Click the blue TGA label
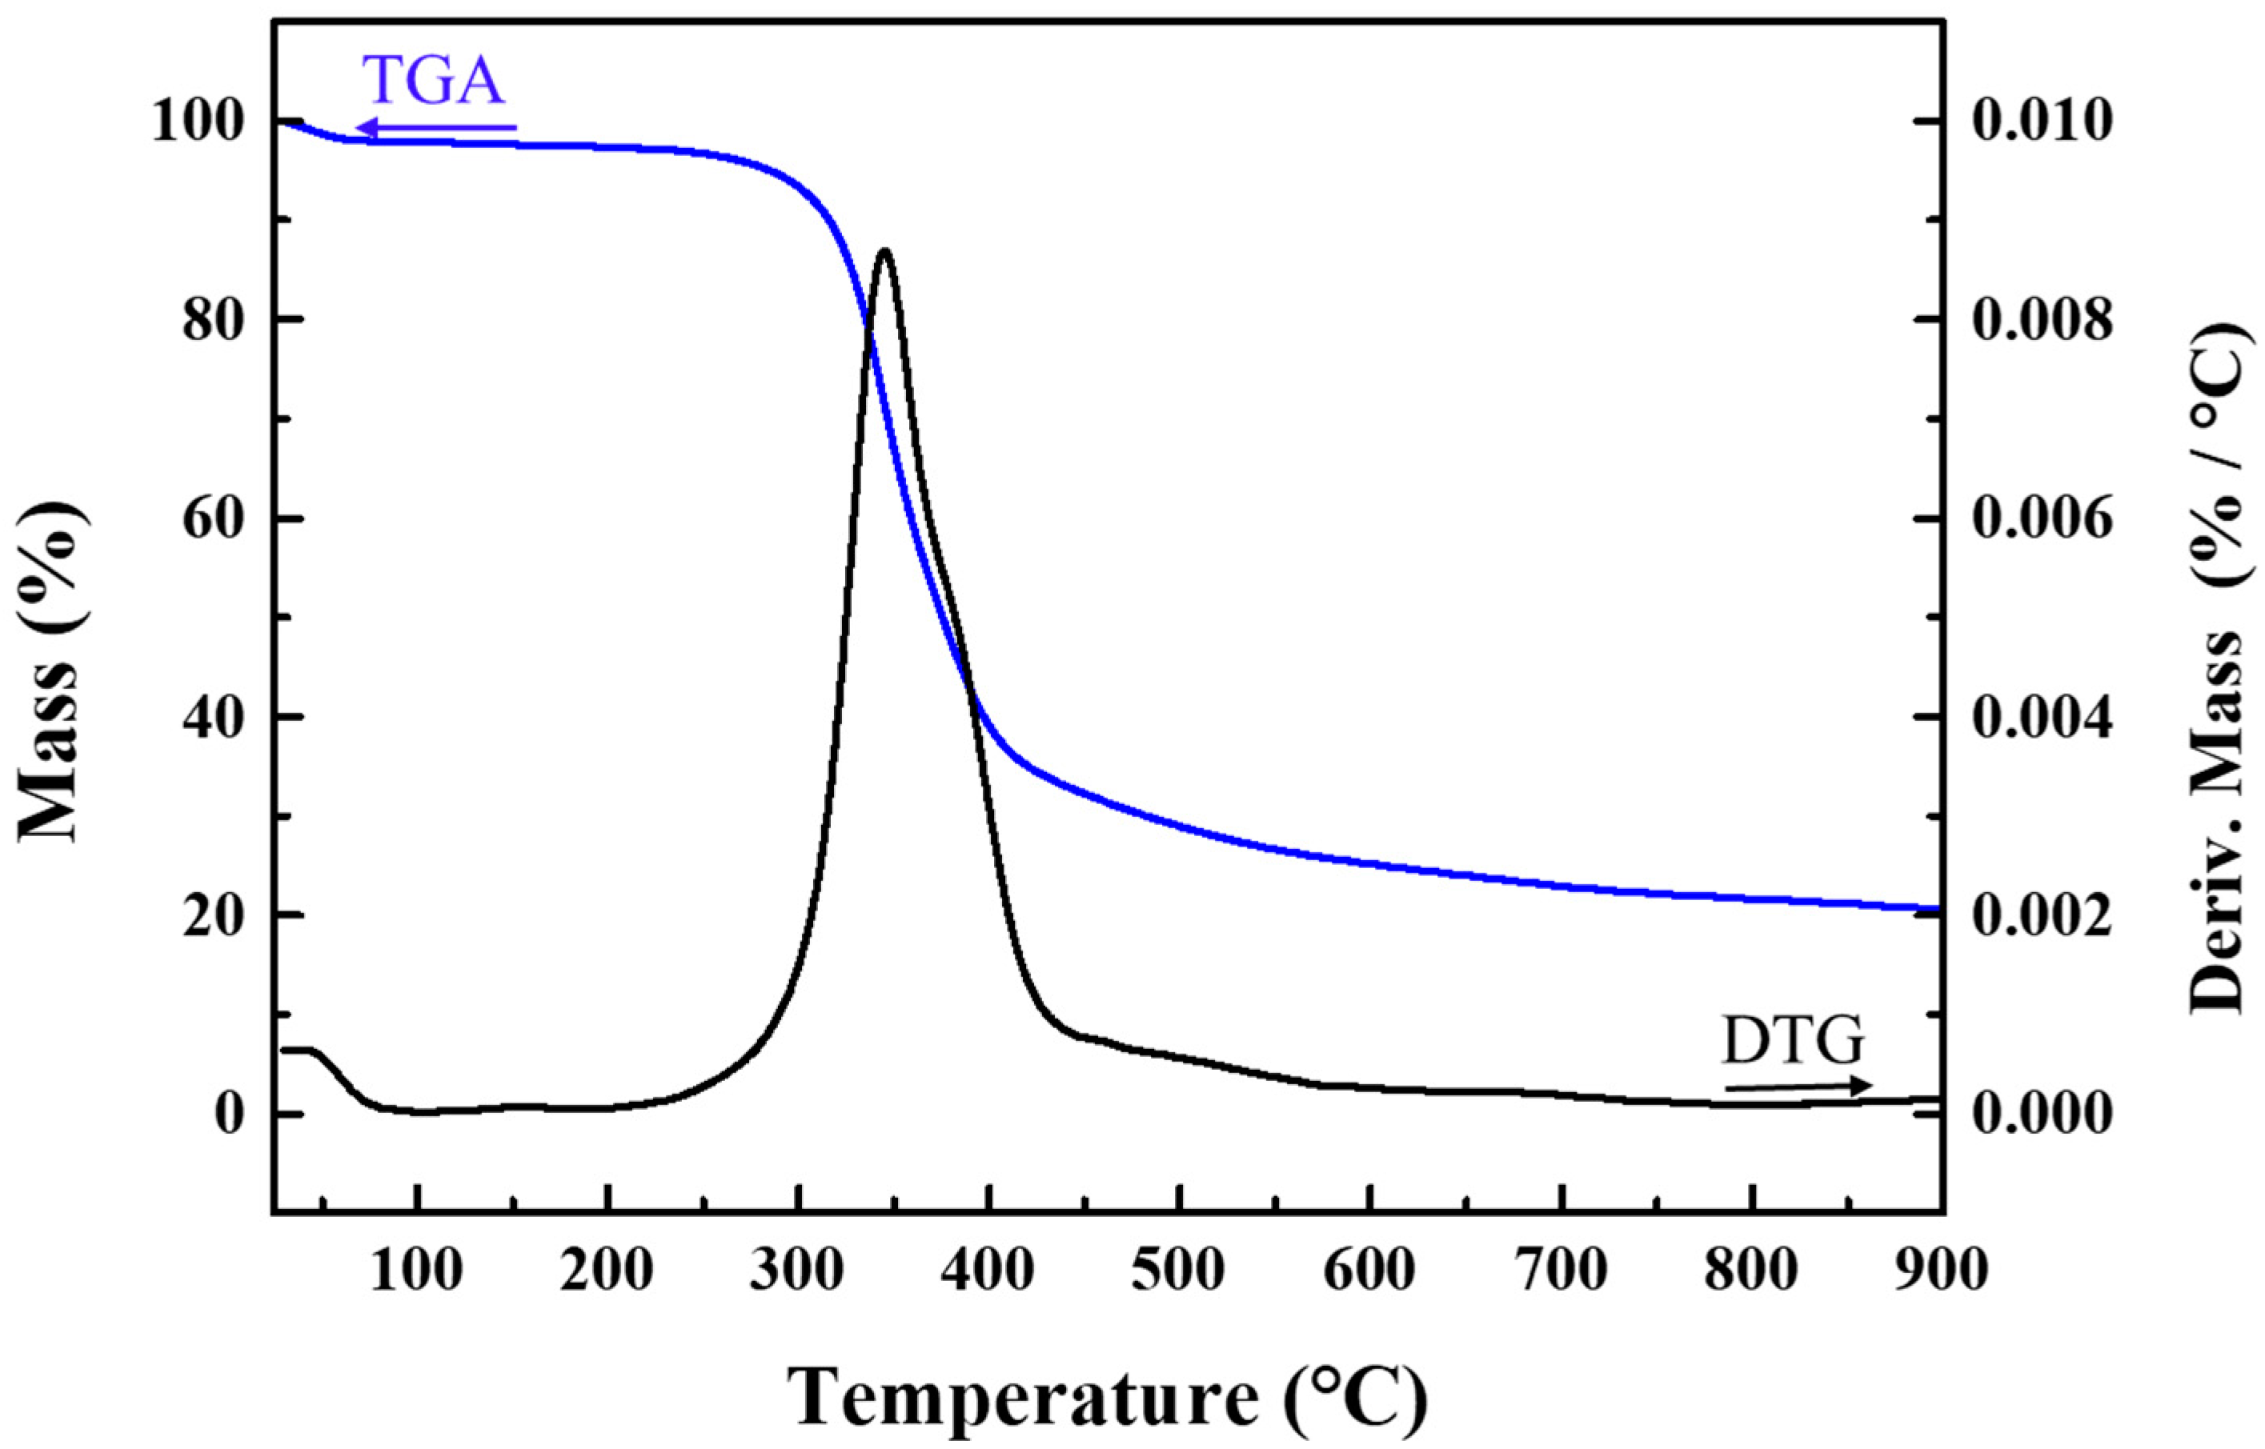[434, 81]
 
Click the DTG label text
[1793, 1041]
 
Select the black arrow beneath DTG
[1798, 1087]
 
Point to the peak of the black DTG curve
[884, 251]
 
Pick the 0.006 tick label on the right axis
[2042, 519]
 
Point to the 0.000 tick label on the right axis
[2042, 1114]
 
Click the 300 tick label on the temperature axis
[798, 1271]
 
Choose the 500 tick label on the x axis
[1178, 1271]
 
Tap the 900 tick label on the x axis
[1940, 1271]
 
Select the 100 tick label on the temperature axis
[417, 1271]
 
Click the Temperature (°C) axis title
[1107, 1397]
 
